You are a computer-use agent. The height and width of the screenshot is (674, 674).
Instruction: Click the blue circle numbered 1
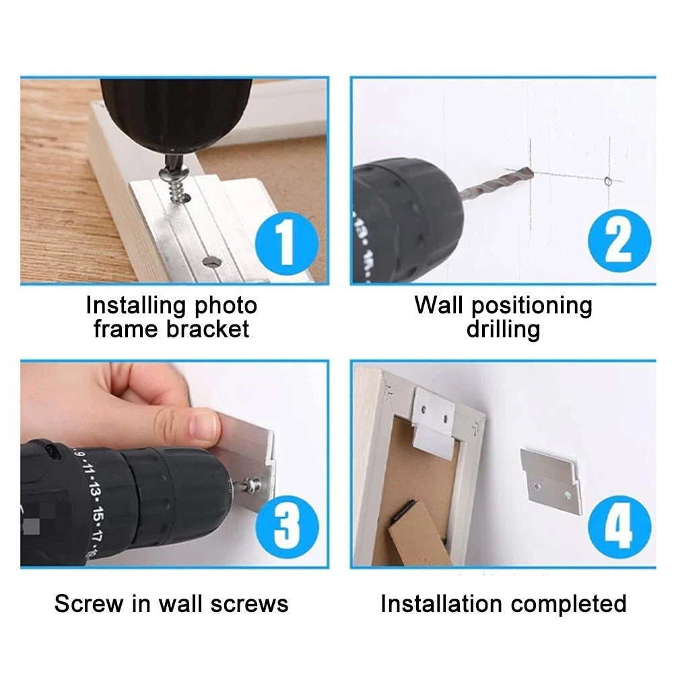pyautogui.click(x=287, y=243)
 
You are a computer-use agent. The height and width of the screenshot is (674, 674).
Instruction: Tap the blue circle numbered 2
pyautogui.click(x=619, y=241)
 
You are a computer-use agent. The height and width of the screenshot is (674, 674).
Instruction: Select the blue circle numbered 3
pyautogui.click(x=287, y=527)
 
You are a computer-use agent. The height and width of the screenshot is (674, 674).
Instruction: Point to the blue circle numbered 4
pyautogui.click(x=619, y=527)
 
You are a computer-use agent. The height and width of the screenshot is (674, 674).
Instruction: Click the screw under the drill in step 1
pyautogui.click(x=174, y=180)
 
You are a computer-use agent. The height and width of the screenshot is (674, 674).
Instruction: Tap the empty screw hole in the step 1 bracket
pyautogui.click(x=211, y=261)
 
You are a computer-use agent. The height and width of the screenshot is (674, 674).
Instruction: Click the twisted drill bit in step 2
pyautogui.click(x=496, y=183)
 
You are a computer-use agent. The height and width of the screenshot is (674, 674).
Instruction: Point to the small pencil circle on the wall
pyautogui.click(x=608, y=181)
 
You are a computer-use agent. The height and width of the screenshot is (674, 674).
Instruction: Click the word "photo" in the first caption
pyautogui.click(x=226, y=306)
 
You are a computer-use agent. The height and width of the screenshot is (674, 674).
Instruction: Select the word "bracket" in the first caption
pyautogui.click(x=207, y=329)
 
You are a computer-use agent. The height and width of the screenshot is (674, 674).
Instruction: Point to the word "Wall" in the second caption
pyautogui.click(x=439, y=305)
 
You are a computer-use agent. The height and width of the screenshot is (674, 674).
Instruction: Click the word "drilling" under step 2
pyautogui.click(x=504, y=330)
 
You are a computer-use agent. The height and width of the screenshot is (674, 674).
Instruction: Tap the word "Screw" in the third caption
pyautogui.click(x=89, y=603)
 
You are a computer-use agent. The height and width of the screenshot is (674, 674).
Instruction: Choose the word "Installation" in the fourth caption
pyautogui.click(x=442, y=603)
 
